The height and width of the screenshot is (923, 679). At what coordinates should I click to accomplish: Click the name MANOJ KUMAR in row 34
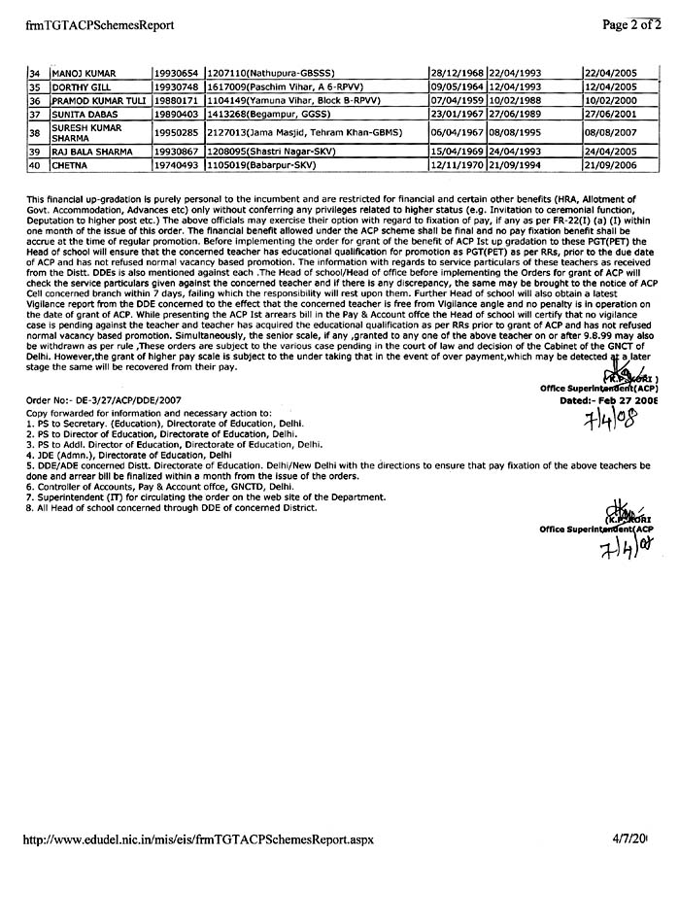pyautogui.click(x=79, y=74)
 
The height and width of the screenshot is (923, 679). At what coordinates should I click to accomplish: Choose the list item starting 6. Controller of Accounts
pyautogui.click(x=162, y=487)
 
